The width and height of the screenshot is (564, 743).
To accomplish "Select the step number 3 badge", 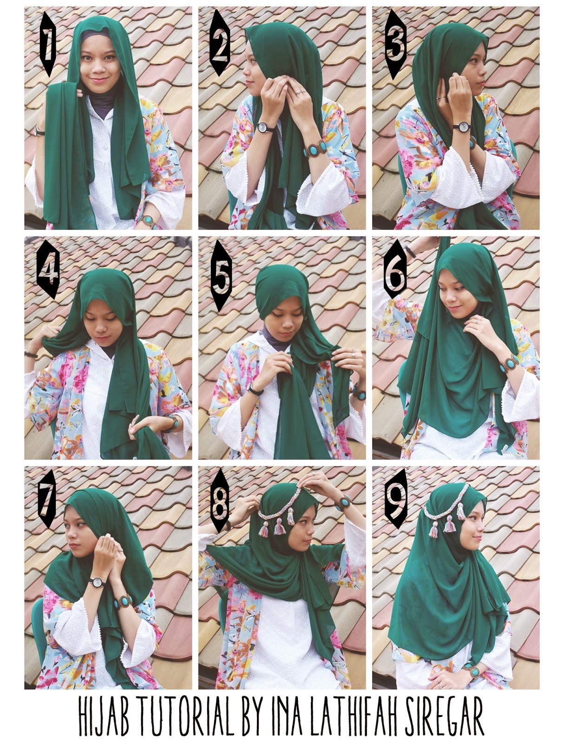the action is [x=396, y=44].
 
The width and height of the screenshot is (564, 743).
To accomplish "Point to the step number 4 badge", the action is [x=48, y=269].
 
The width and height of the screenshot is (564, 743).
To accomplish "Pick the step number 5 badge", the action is [x=221, y=275].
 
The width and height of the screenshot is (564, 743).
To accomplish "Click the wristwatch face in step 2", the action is [x=262, y=127].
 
